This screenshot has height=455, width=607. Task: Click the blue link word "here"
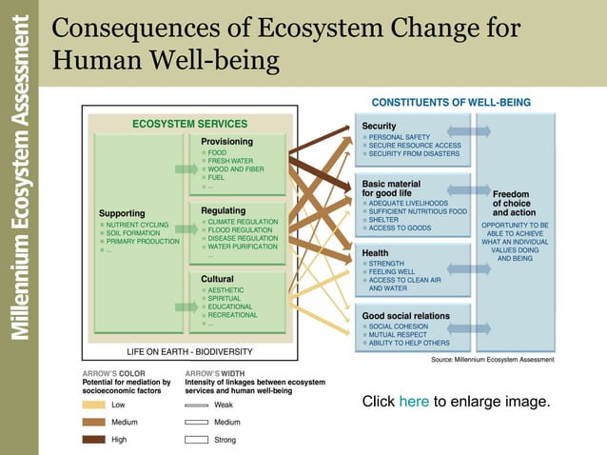[414, 402]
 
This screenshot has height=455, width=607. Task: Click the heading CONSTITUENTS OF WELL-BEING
[450, 102]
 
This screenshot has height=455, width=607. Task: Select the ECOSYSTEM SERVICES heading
[188, 124]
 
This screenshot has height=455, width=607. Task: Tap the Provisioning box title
[226, 141]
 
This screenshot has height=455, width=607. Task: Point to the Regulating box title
[224, 210]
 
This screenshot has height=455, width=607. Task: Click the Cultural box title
[218, 279]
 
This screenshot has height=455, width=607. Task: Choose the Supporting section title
[122, 213]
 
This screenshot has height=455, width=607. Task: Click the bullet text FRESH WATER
[230, 161]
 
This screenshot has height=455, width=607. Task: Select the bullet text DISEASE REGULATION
[243, 239]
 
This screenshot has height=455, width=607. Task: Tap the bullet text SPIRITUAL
[225, 298]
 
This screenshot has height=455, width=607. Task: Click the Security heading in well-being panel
[379, 126]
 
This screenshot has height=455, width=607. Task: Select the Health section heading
[375, 252]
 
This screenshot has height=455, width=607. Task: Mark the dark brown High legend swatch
[93, 439]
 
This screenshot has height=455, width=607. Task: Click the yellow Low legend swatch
[93, 405]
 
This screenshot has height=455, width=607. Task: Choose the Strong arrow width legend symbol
[196, 439]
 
